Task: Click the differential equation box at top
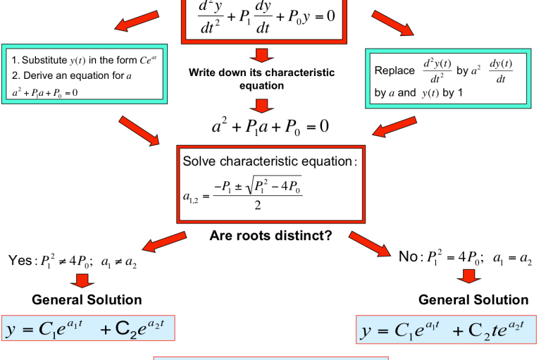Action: point(261,18)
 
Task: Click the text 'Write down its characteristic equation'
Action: point(261,79)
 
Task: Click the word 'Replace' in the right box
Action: point(394,70)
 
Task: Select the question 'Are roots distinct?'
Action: point(270,235)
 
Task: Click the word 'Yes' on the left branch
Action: point(20,261)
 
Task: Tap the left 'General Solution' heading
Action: point(87,300)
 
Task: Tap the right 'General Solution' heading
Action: point(473,300)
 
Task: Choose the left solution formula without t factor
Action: point(88,329)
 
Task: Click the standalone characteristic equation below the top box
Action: point(270,127)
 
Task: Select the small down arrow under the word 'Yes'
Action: point(84,280)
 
